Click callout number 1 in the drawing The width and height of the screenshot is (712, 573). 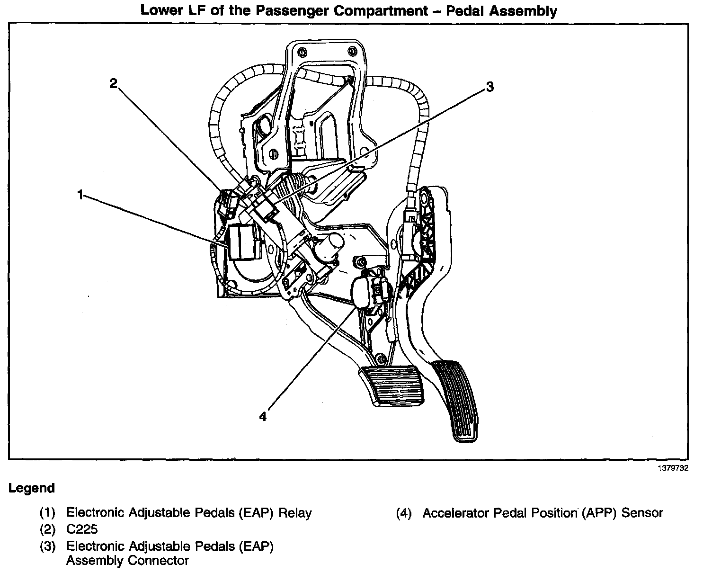[x=80, y=194]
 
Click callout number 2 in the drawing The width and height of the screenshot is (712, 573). [x=113, y=84]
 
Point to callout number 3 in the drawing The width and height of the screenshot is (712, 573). [x=489, y=87]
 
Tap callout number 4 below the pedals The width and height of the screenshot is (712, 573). [x=263, y=416]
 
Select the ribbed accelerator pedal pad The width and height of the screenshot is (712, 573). [x=458, y=400]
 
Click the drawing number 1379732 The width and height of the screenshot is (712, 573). [x=672, y=468]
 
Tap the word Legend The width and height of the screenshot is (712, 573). [x=32, y=488]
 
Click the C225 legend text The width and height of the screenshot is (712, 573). [x=82, y=529]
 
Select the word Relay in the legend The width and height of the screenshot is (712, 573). [x=295, y=512]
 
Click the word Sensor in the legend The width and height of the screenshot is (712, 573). [x=642, y=512]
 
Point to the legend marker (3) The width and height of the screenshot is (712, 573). [x=47, y=546]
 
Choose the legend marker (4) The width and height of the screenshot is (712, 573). [x=404, y=513]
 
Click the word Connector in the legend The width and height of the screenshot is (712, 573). [x=159, y=561]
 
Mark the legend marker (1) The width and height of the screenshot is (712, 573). [x=47, y=513]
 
